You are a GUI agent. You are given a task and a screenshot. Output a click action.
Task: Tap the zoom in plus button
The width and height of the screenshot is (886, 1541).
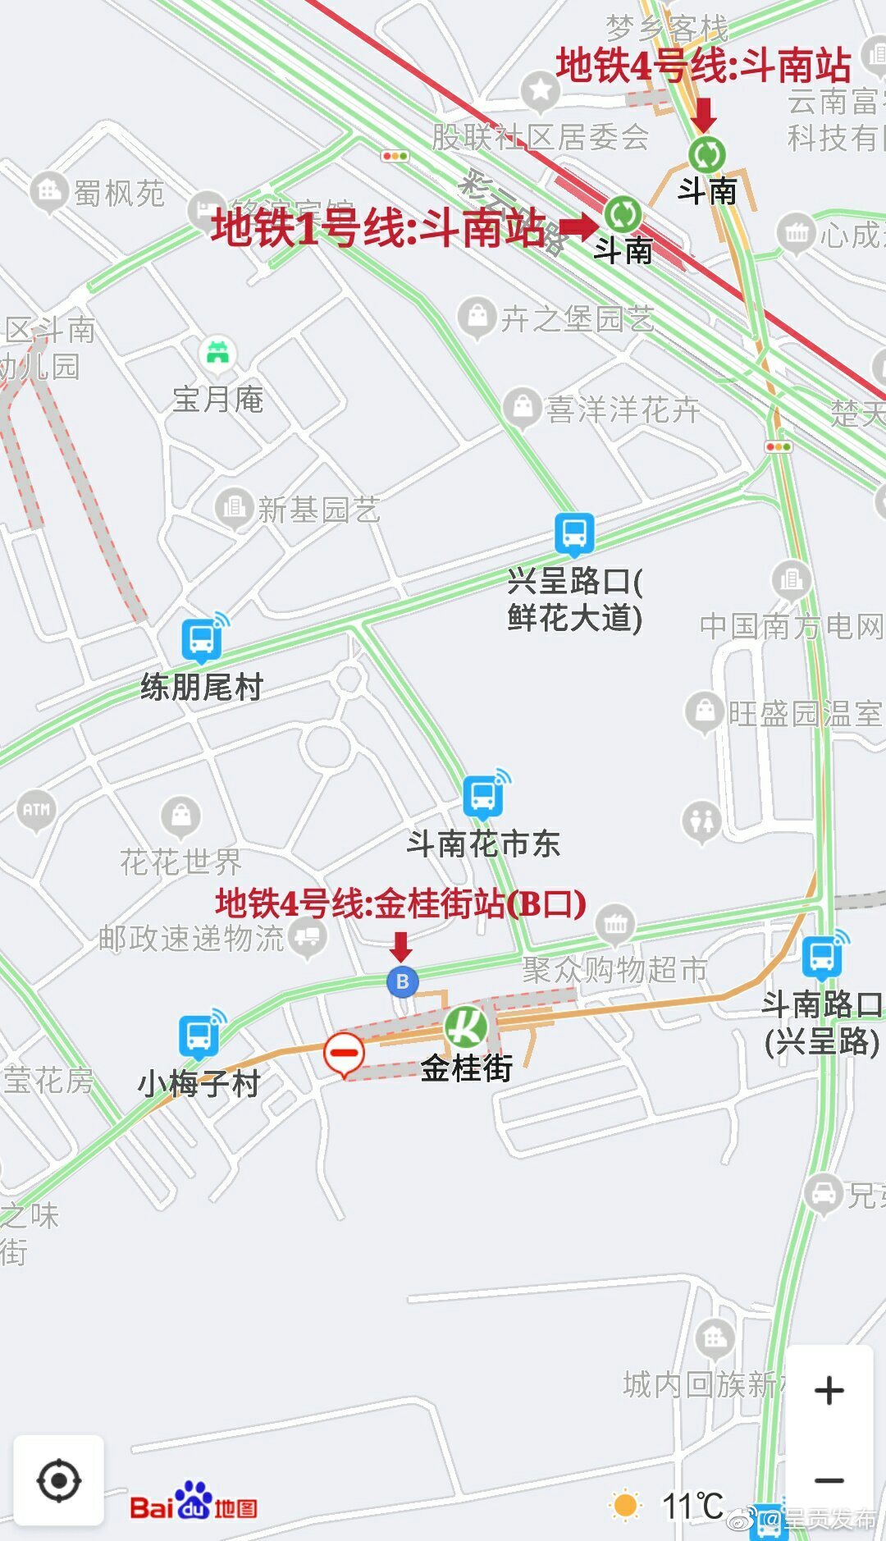pyautogui.click(x=829, y=1390)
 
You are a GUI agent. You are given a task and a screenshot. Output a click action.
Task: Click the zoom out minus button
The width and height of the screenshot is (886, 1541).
pyautogui.click(x=829, y=1481)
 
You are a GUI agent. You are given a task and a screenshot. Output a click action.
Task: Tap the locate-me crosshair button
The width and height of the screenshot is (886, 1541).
pyautogui.click(x=58, y=1481)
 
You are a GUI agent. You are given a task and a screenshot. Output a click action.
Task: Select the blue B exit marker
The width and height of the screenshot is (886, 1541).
pyautogui.click(x=402, y=981)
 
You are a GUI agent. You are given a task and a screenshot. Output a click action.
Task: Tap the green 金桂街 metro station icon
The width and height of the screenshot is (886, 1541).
pyautogui.click(x=465, y=1026)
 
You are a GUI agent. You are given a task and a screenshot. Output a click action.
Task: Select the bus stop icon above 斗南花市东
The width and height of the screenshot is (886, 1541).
pyautogui.click(x=484, y=795)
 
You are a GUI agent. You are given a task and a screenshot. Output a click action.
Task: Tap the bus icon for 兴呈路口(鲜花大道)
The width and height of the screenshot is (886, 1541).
pyautogui.click(x=574, y=533)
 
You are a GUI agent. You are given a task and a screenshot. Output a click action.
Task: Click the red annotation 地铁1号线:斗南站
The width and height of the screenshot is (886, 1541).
pyautogui.click(x=378, y=227)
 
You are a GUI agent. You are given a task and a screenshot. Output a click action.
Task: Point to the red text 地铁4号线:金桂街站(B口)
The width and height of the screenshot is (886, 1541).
pyautogui.click(x=400, y=903)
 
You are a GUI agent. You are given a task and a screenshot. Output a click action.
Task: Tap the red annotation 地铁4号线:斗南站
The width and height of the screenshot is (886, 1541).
pyautogui.click(x=703, y=65)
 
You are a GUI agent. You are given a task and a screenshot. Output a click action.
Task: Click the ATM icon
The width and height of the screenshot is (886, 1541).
pyautogui.click(x=36, y=810)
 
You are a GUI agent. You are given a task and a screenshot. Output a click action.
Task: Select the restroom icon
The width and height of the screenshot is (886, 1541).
pyautogui.click(x=702, y=820)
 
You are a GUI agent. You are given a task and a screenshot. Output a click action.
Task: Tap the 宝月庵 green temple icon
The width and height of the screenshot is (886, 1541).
pyautogui.click(x=217, y=354)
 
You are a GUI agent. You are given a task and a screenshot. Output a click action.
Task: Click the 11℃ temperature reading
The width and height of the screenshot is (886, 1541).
pyautogui.click(x=692, y=1506)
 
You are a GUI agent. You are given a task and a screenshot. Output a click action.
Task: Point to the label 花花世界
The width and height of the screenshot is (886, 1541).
pyautogui.click(x=180, y=862)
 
